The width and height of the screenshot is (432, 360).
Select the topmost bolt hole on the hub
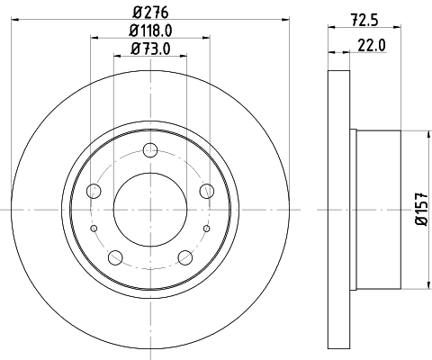[x=150, y=149]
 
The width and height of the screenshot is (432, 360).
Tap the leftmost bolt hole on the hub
[x=93, y=190]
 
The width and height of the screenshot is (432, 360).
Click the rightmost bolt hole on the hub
[x=207, y=190]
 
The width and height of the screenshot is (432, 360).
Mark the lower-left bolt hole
[x=114, y=258]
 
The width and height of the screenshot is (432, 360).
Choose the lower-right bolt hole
[x=185, y=258]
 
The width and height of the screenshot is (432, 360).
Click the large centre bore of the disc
[x=149, y=209]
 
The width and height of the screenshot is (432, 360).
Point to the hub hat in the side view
[x=375, y=210]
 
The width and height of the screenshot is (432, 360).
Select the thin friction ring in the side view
[x=337, y=210]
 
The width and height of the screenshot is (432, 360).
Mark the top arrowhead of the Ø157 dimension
[x=421, y=136]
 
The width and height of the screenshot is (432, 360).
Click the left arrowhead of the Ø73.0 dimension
[x=118, y=55]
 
